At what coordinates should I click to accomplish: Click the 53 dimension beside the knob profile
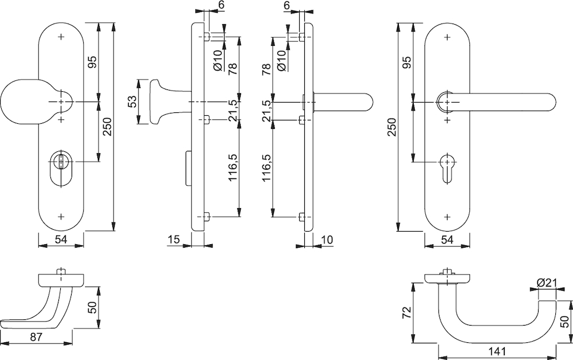pos(132,102)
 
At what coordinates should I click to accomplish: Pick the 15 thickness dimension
pos(174,239)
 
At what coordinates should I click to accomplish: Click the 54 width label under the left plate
pos(61,240)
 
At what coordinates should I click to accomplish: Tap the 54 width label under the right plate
pos(448,240)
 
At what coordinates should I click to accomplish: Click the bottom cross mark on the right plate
pos(447,217)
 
